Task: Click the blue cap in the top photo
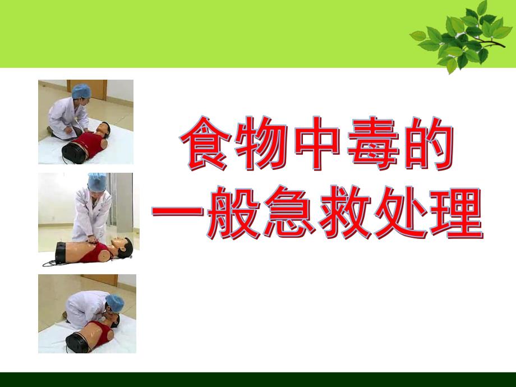(x=81, y=91)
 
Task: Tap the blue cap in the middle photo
(x=97, y=181)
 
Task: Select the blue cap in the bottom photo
(x=115, y=302)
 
